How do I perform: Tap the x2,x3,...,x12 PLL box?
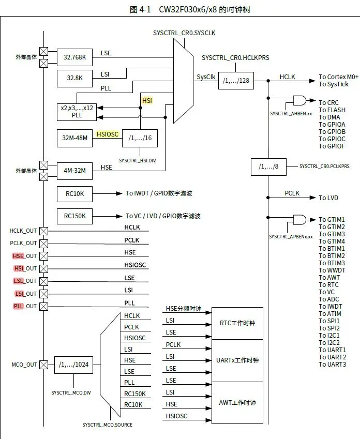[x=77, y=112]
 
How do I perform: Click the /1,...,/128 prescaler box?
[x=236, y=81]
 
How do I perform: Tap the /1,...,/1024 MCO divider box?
[x=74, y=365]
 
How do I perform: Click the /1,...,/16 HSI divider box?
[x=140, y=139]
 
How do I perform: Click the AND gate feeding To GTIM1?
[x=299, y=220]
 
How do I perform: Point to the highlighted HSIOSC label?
[x=108, y=134]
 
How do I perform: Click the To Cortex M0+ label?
[x=339, y=77]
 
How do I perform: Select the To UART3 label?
[x=332, y=365]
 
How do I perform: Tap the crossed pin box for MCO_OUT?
[x=44, y=365]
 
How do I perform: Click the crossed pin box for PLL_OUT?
[x=44, y=306]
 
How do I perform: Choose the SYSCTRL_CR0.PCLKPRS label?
[x=324, y=166]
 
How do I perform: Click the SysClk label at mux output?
[x=206, y=77]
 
